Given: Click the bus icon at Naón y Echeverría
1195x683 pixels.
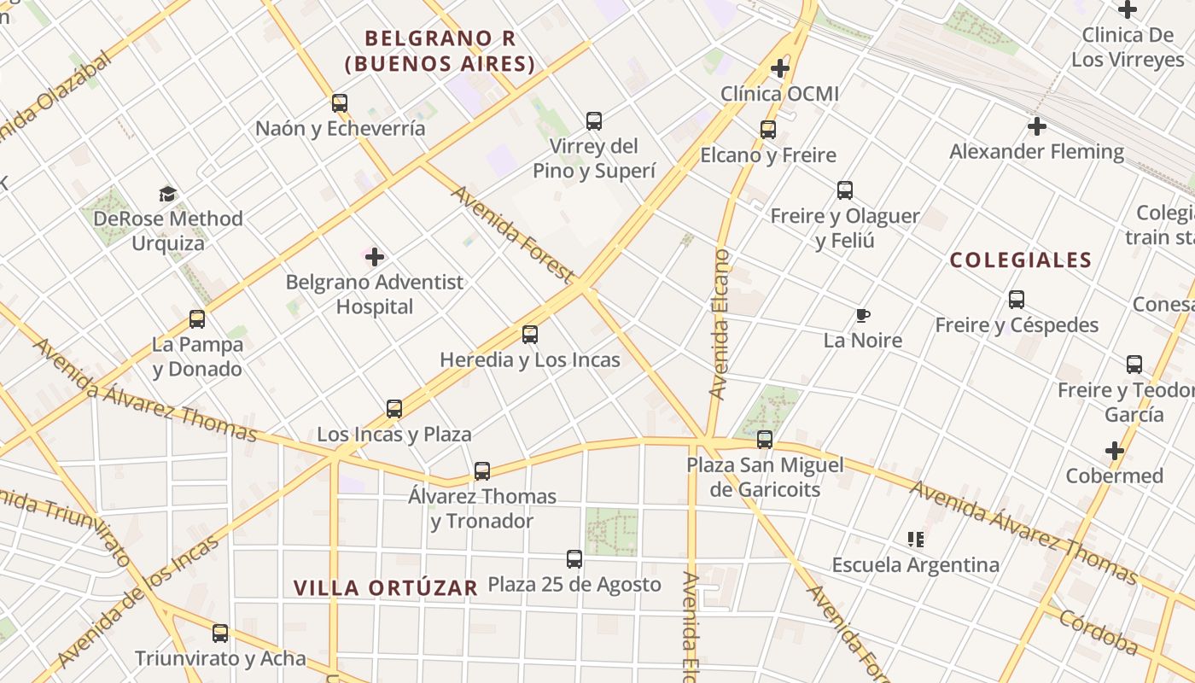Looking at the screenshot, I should point(340,103).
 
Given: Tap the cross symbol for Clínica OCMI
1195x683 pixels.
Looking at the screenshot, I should point(779,68).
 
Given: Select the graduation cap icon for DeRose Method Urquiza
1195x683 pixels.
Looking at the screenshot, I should point(168,194).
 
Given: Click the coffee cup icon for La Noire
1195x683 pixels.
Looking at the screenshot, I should point(863,316).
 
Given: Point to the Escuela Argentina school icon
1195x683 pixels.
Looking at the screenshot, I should point(916,540).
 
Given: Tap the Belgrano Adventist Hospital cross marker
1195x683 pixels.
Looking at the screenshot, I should point(375,256).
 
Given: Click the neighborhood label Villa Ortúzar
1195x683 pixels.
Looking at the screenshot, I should point(386,587).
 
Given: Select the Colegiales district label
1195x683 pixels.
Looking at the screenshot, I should point(1021,260).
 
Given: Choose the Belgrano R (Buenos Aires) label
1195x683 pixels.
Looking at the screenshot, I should point(440,51).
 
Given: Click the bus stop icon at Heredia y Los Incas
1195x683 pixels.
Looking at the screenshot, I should point(530,335).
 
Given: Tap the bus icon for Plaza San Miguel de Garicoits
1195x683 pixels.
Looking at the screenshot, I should point(765,440).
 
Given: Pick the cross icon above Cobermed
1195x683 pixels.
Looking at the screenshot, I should point(1115,450).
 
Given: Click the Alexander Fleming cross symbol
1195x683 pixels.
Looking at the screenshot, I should point(1037,126).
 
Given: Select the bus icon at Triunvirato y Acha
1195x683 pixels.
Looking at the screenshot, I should point(220,633).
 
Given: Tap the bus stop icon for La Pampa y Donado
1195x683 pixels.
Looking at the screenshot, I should point(197,319).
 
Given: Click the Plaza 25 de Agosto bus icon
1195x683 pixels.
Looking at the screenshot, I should point(574,559).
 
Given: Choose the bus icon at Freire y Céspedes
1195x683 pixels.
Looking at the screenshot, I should point(1016,300).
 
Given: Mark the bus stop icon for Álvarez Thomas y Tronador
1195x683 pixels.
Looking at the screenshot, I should point(482,471).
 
